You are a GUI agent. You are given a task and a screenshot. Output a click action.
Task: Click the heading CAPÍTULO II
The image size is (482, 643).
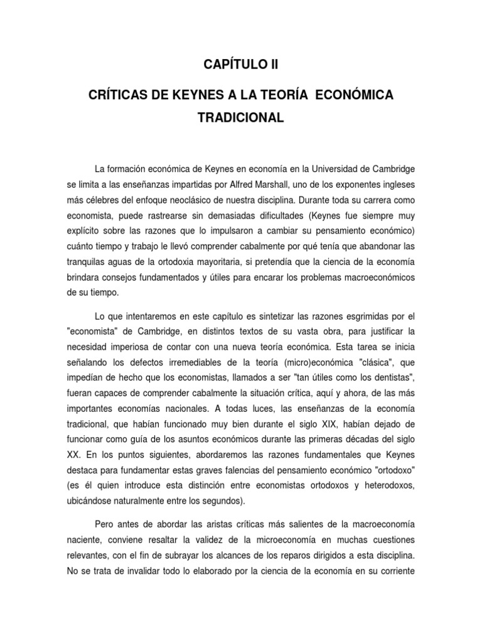tap(240, 65)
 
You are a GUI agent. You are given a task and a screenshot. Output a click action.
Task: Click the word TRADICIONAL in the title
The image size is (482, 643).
tap(240, 117)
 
